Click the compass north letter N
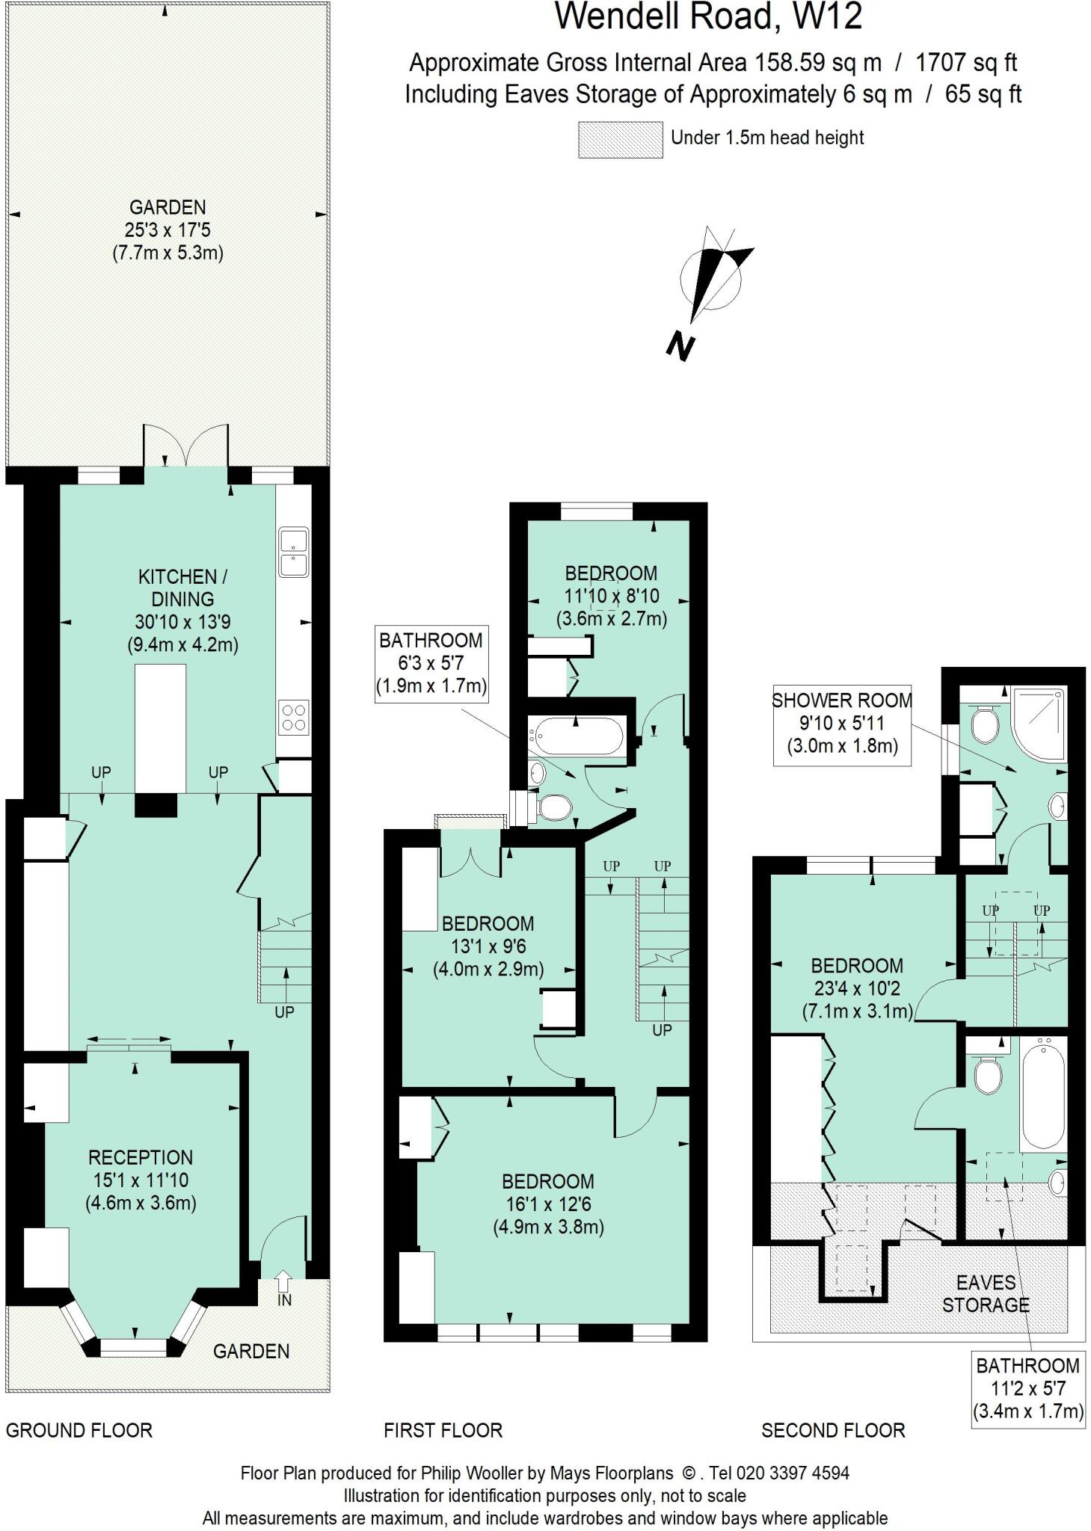680,347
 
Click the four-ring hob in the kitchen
293,717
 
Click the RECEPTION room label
141,1158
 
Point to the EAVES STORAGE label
986,1294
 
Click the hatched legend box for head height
620,140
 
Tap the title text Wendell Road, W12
707,16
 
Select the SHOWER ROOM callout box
841,723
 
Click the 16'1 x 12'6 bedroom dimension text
548,1204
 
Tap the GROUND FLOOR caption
79,1431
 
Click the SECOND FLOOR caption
833,1431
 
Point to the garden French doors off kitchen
185,446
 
